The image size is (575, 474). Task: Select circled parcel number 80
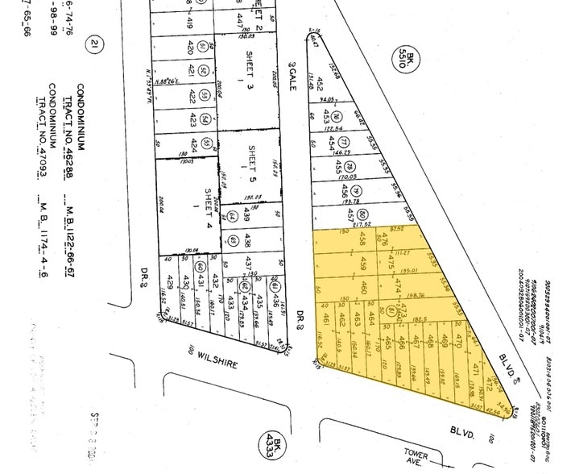(364, 214)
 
